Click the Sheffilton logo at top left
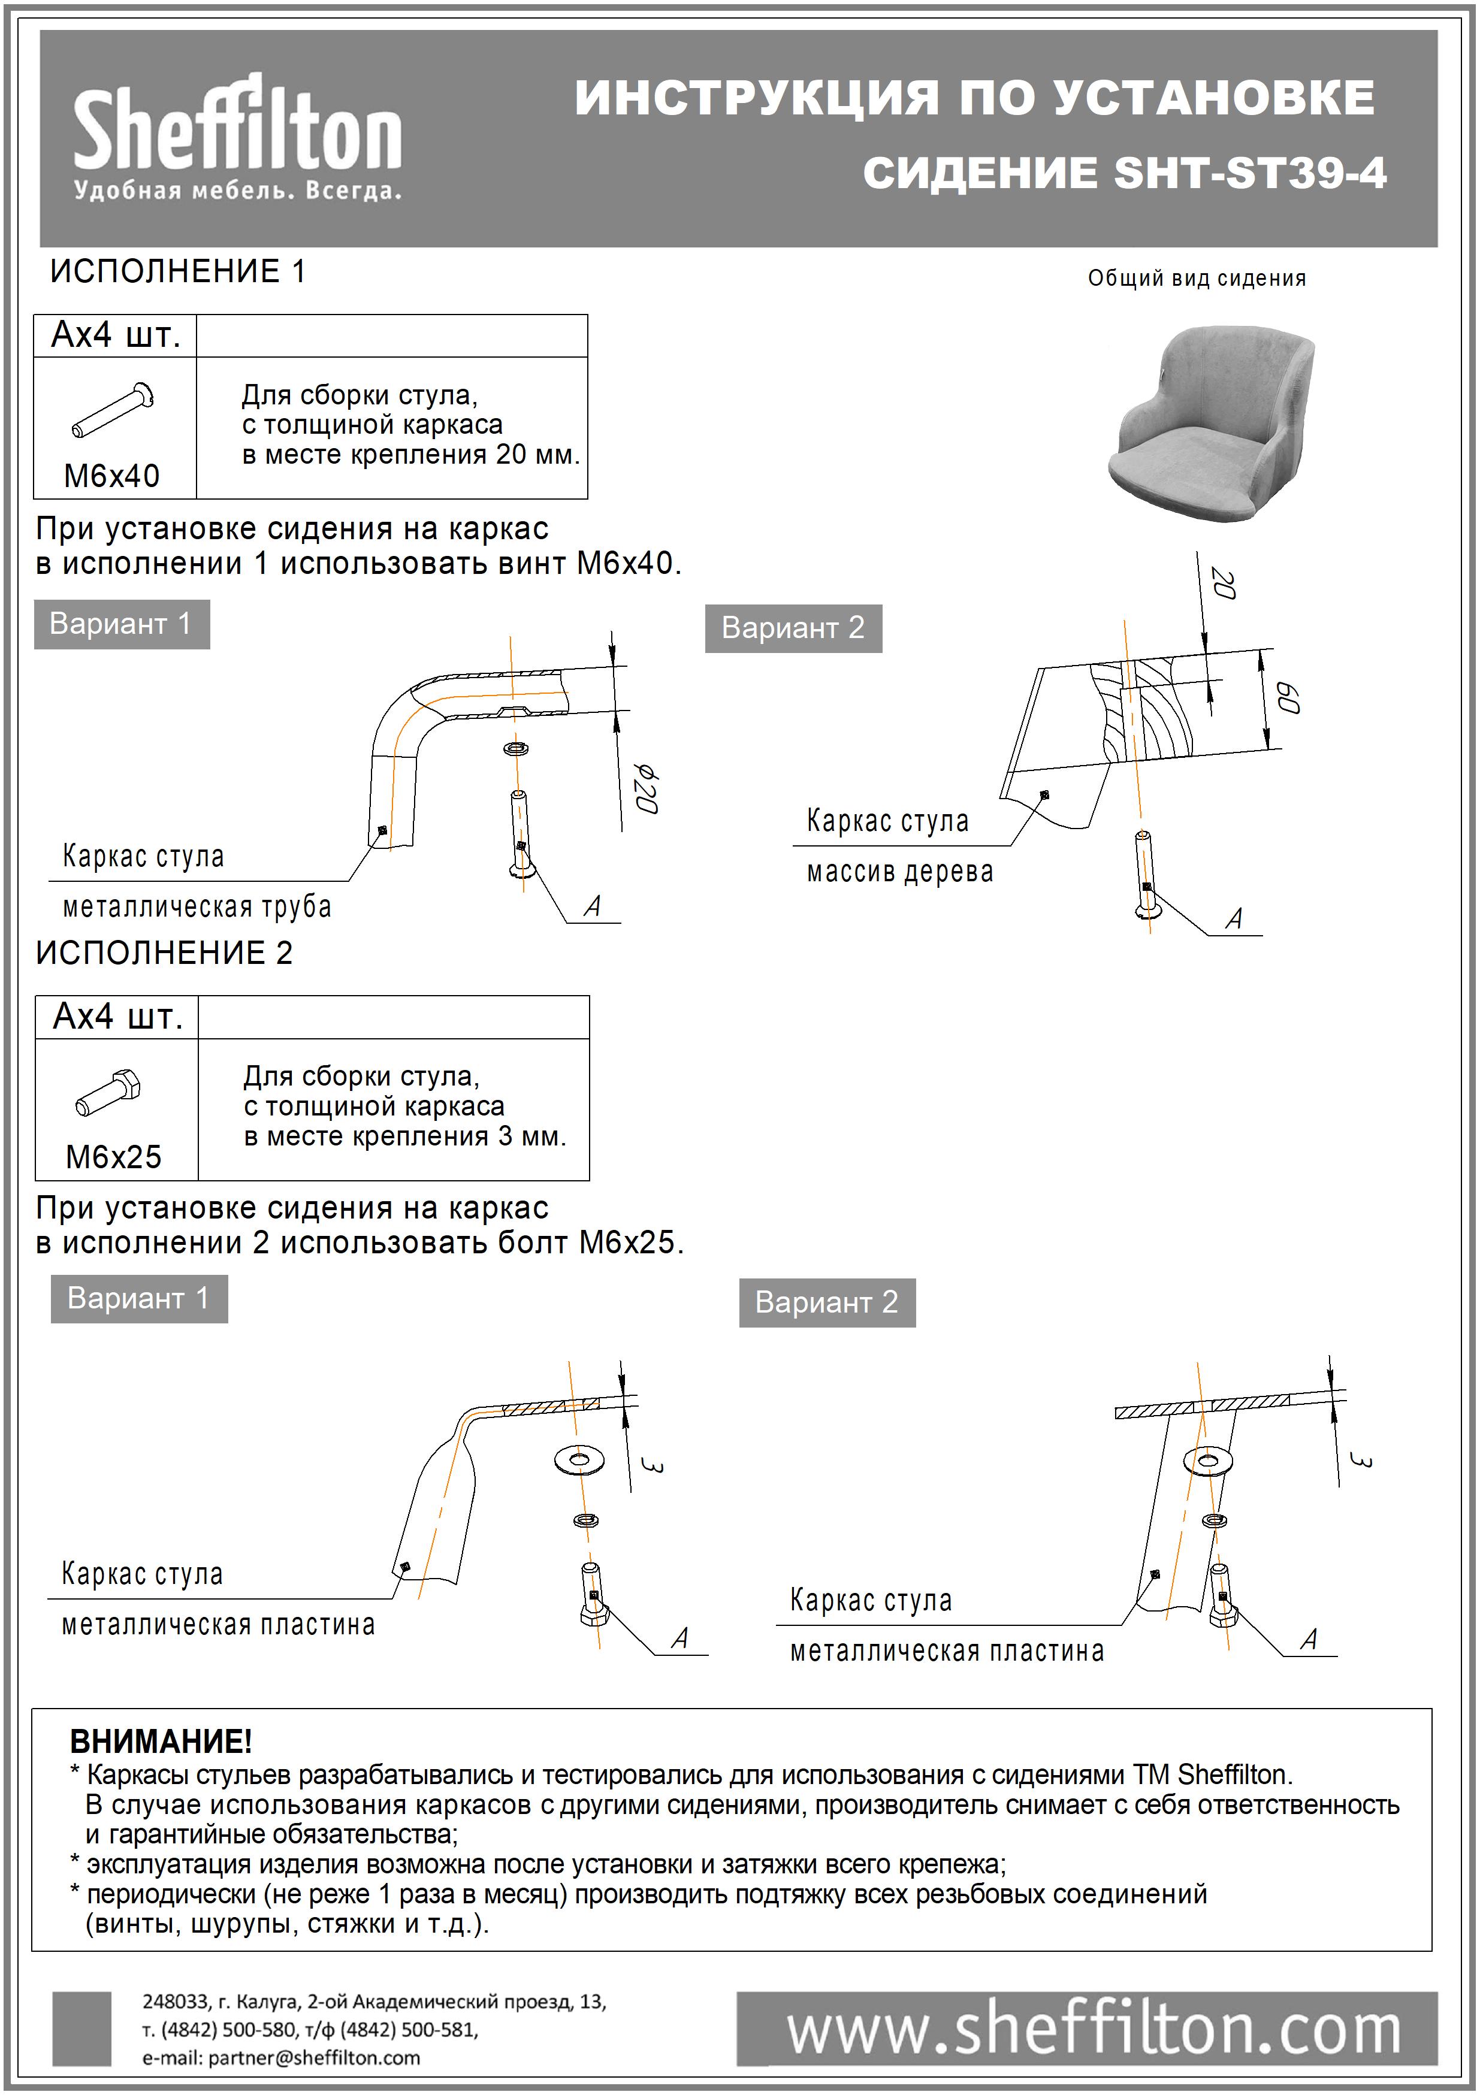[x=237, y=137]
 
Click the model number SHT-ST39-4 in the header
[x=1249, y=173]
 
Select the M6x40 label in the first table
[x=111, y=476]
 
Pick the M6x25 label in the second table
[x=113, y=1157]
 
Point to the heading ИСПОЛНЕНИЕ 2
[x=164, y=953]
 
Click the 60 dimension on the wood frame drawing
[x=1286, y=697]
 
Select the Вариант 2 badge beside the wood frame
[x=792, y=628]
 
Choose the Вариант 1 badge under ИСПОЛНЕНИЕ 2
[x=138, y=1298]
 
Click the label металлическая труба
[x=196, y=907]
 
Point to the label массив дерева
[x=899, y=872]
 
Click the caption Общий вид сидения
[x=1196, y=279]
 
